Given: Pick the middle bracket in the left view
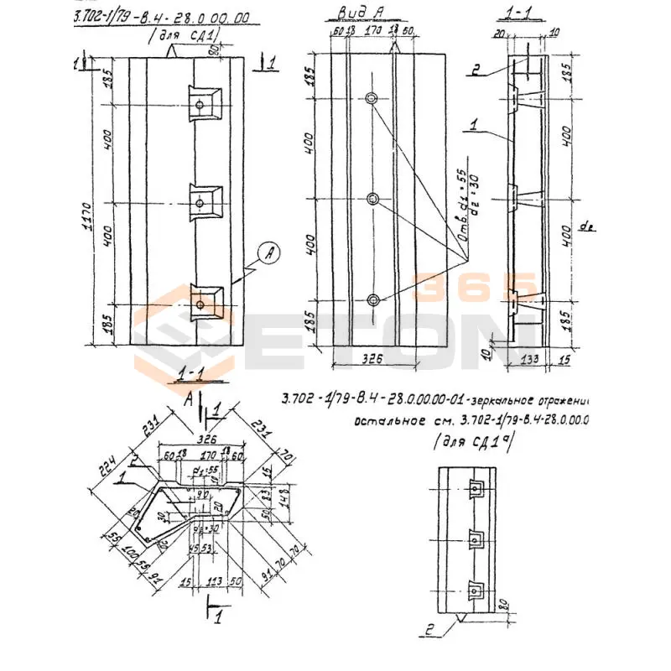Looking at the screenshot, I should coord(202,201).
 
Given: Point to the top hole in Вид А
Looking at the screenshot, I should coord(372,99).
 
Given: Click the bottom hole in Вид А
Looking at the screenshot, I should coord(373,299).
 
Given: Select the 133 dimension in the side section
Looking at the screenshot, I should coord(527,359).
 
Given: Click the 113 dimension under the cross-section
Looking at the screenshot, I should coord(215,582).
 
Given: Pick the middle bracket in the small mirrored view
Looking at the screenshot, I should coord(476,539).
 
